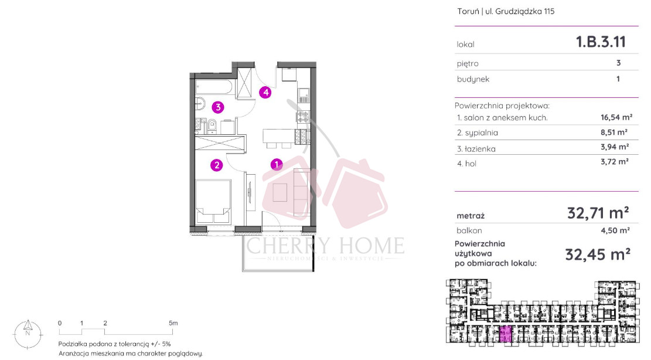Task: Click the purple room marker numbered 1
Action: [277, 164]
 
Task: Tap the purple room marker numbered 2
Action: [216, 165]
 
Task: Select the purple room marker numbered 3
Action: [218, 107]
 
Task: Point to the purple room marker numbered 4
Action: [265, 92]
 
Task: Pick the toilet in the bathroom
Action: [212, 126]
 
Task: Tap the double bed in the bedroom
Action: [213, 201]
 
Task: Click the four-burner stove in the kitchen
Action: [303, 117]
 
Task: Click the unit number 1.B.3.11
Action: [601, 42]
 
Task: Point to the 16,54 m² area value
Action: [616, 117]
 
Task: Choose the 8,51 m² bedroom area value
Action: [614, 133]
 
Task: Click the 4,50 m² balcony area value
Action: [615, 230]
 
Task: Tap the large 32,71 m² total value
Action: [598, 213]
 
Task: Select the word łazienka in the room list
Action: [480, 149]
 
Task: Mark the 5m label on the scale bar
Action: [173, 323]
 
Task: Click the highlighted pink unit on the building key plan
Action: [505, 334]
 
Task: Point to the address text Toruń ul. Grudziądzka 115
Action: [506, 12]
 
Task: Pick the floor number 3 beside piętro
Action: [619, 63]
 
